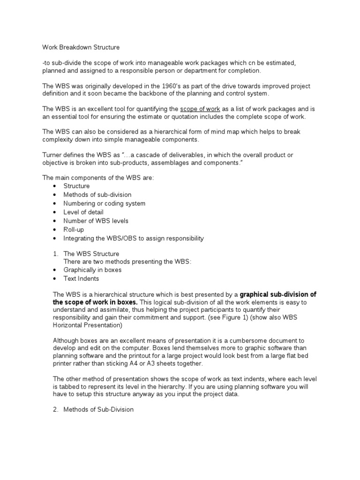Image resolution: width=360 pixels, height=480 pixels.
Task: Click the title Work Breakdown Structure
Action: (x=81, y=47)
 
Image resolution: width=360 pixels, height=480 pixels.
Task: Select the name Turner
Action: (x=53, y=155)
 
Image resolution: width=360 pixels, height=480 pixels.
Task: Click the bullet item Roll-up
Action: (x=74, y=230)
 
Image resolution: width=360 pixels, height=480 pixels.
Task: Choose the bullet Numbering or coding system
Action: (x=104, y=203)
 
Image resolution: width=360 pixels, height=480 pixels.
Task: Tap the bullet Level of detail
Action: (x=83, y=212)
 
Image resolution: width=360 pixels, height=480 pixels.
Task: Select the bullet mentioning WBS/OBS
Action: (x=134, y=239)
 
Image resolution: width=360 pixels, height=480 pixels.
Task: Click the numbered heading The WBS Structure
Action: (x=91, y=254)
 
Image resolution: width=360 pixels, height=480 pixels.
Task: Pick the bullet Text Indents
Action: (x=81, y=278)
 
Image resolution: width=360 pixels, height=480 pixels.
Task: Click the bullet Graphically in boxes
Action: (x=92, y=270)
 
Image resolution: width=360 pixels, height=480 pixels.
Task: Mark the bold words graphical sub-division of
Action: (x=278, y=294)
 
